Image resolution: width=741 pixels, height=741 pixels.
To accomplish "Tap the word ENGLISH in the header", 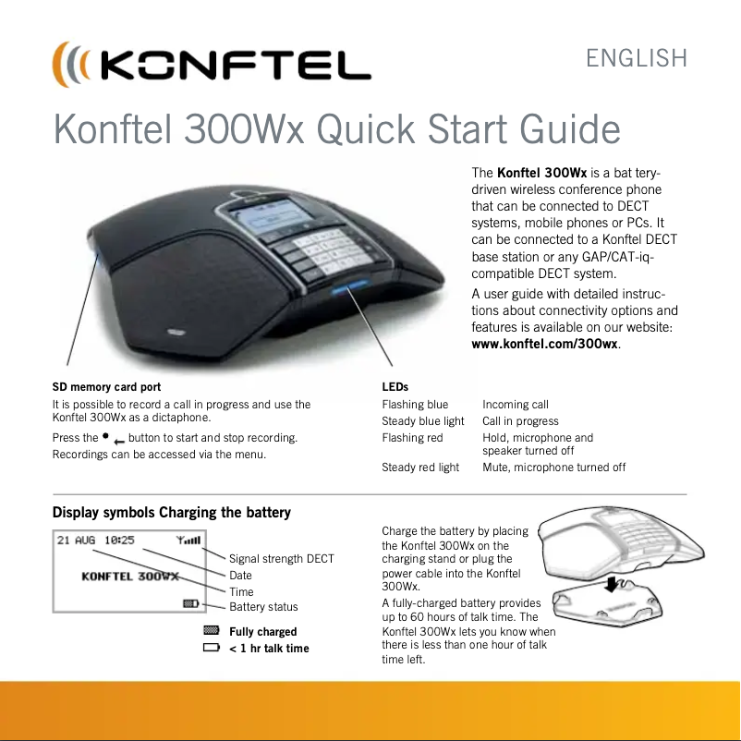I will click(x=637, y=59).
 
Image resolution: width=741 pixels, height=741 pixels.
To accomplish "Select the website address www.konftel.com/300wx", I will click(x=545, y=345).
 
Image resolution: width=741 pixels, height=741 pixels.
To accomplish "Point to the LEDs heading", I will click(x=395, y=386).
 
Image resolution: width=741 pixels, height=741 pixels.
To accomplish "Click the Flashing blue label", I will click(x=415, y=405).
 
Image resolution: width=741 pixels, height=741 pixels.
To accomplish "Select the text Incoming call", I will click(x=515, y=405).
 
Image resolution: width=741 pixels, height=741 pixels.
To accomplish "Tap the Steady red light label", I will click(x=420, y=468).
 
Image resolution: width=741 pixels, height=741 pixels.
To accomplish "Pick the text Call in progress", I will click(x=520, y=421).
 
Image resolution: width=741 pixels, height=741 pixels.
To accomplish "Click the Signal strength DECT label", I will click(x=281, y=559).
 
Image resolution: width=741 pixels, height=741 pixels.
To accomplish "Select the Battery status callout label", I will click(x=263, y=607).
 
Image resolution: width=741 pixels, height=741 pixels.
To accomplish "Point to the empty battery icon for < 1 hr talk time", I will click(x=211, y=649).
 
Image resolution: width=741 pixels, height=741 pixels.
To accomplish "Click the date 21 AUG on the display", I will click(x=76, y=541).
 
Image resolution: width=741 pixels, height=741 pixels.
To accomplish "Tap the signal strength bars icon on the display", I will click(x=192, y=541).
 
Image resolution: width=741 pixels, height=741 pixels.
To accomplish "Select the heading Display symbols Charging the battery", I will click(x=172, y=513).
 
